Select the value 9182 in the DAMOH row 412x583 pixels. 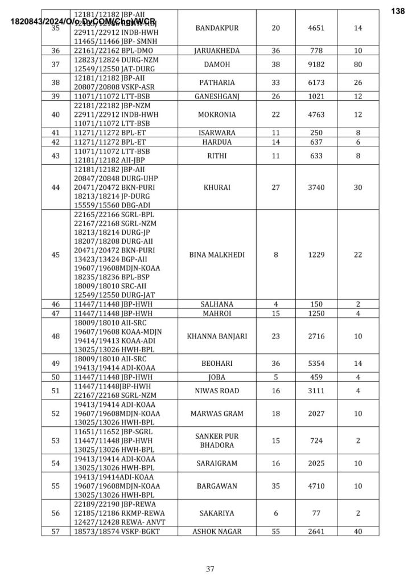[x=317, y=64]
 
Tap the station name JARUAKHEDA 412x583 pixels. [x=217, y=51]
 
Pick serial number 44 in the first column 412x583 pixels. [x=56, y=187]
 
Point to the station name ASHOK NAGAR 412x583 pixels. [x=217, y=531]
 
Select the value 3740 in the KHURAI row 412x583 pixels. [x=317, y=187]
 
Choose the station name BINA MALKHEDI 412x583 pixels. [x=217, y=255]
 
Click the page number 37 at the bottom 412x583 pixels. [x=210, y=568]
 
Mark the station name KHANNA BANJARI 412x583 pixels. [x=217, y=336]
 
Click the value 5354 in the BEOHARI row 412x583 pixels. [x=317, y=363]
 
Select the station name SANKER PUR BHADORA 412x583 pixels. [x=217, y=441]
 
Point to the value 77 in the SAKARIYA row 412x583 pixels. [x=317, y=513]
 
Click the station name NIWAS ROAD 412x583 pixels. [x=217, y=390]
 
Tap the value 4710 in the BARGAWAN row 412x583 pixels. [x=317, y=486]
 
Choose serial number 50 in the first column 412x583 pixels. [x=56, y=377]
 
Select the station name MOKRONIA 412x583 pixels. [x=217, y=115]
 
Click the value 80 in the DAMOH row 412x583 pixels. [x=358, y=64]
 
